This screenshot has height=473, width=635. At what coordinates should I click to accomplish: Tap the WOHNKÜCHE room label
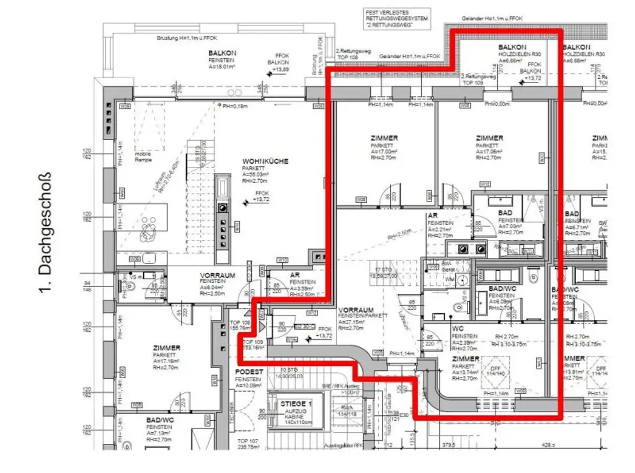(x=265, y=161)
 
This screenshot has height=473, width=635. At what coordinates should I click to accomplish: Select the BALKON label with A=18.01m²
(x=223, y=54)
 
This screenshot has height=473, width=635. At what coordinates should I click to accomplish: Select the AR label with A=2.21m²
(x=433, y=216)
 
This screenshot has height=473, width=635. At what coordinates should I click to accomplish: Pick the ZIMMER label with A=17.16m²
(x=166, y=348)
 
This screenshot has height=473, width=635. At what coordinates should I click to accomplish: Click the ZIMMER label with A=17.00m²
(x=385, y=138)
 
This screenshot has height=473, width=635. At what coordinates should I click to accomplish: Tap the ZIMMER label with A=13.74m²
(x=465, y=359)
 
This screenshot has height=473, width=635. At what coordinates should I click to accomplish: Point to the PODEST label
(x=249, y=371)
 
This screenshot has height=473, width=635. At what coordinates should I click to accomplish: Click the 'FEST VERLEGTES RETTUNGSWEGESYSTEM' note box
(x=396, y=19)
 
